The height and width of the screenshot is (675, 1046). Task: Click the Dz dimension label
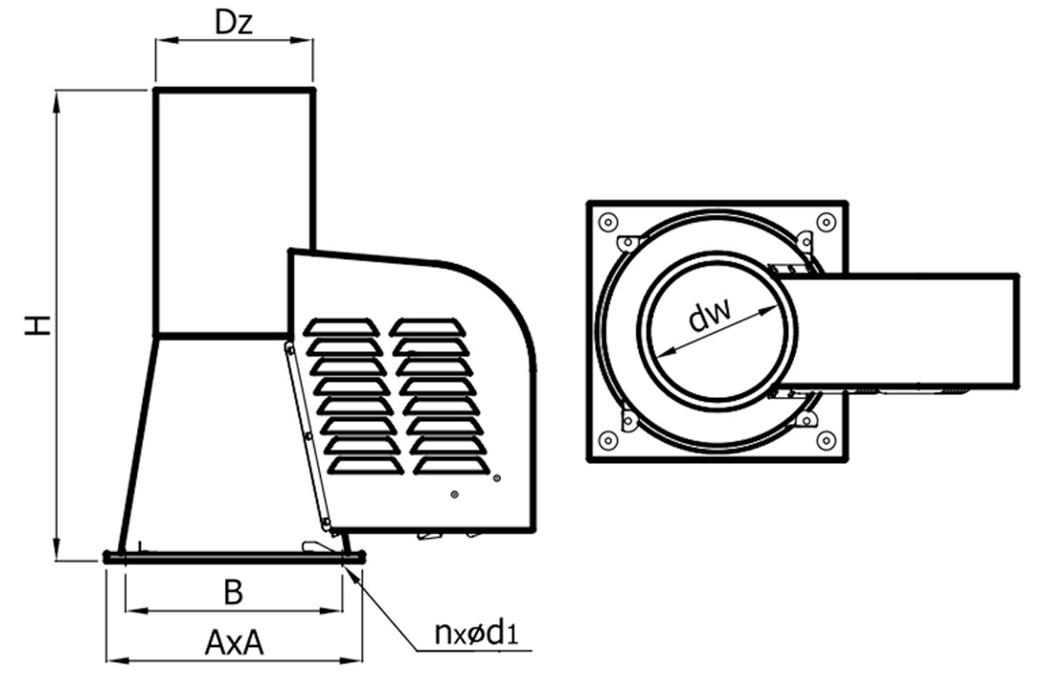click(233, 24)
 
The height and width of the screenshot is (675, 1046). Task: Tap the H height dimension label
click(37, 324)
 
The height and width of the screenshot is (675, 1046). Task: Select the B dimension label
click(233, 593)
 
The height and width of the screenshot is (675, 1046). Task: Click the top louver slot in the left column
click(341, 327)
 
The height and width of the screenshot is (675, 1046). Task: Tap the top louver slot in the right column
click(427, 327)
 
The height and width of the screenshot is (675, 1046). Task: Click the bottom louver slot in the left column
click(365, 466)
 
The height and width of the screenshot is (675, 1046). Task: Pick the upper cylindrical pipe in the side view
click(234, 209)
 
